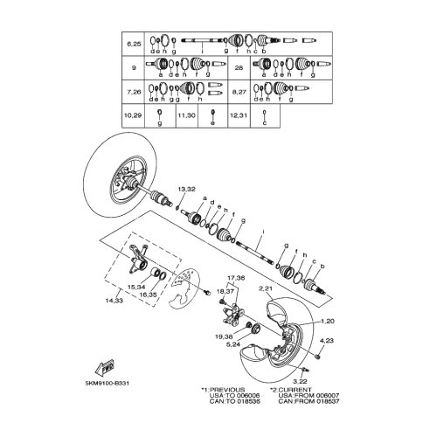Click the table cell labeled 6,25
(135, 43)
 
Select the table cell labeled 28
(239, 66)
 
